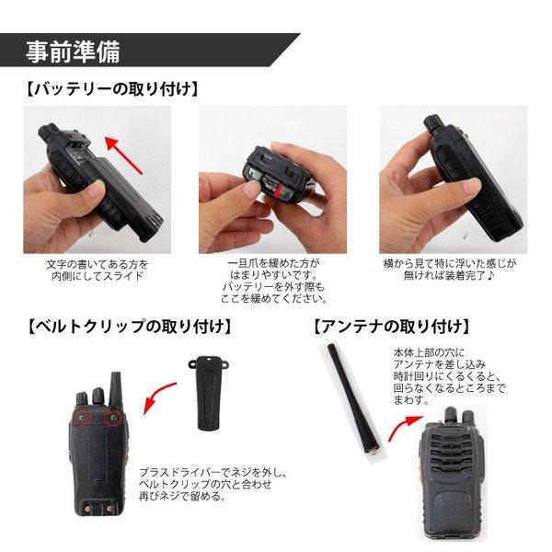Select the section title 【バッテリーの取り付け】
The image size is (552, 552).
click(109, 89)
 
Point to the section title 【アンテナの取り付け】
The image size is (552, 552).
click(390, 326)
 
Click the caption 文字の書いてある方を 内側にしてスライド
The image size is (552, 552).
click(98, 269)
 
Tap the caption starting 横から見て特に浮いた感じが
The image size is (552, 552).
click(450, 269)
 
